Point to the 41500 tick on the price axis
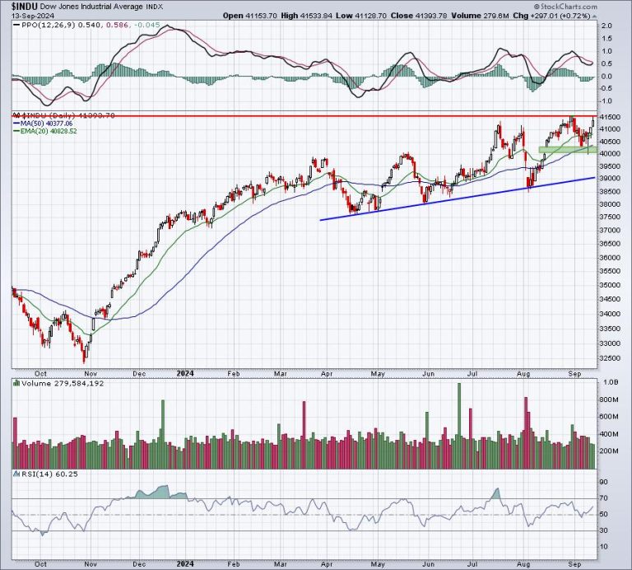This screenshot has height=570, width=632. point(608,118)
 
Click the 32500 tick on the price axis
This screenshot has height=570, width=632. point(608,357)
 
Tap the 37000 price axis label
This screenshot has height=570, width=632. point(608,230)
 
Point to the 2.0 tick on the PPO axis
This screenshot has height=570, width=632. point(605,26)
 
